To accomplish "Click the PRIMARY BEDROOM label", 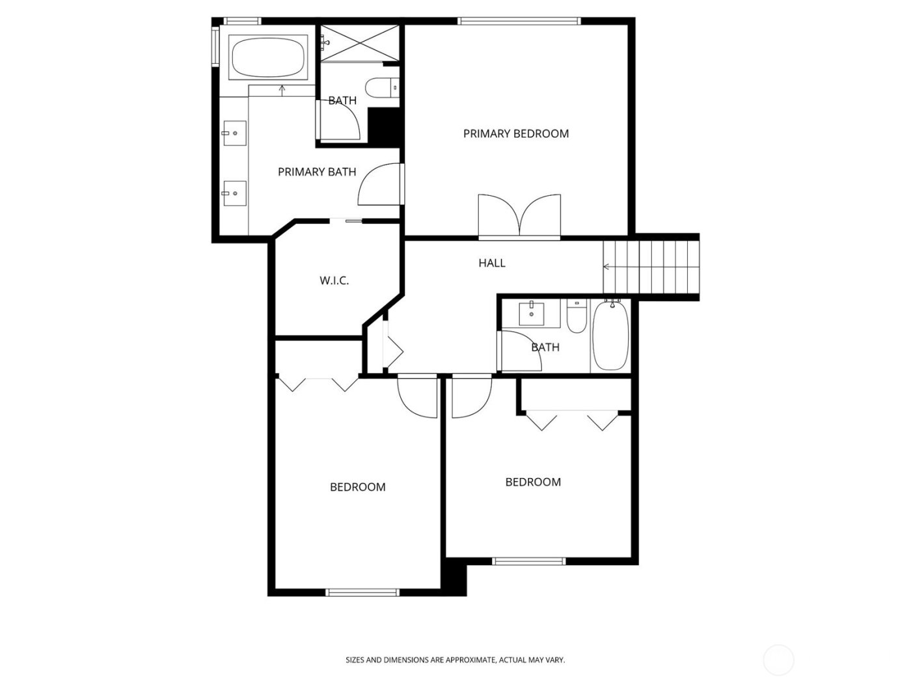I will tap(515, 133).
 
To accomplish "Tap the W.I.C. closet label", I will tap(334, 281).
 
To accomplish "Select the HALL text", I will tap(492, 263).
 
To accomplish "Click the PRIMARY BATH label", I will tap(317, 172).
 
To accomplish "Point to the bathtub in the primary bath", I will tap(268, 57).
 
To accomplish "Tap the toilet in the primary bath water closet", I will tap(381, 88).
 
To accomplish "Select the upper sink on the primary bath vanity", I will tap(234, 133).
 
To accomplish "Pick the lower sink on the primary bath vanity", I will tap(234, 193).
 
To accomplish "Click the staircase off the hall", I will tap(651, 267).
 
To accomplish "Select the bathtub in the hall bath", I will tap(610, 336).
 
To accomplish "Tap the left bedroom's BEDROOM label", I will tap(357, 487).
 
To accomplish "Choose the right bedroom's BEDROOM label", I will tap(533, 482).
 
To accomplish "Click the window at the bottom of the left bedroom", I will tap(362, 592).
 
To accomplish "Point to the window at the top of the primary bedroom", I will tap(519, 21).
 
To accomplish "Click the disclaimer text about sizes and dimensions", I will tap(455, 660).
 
